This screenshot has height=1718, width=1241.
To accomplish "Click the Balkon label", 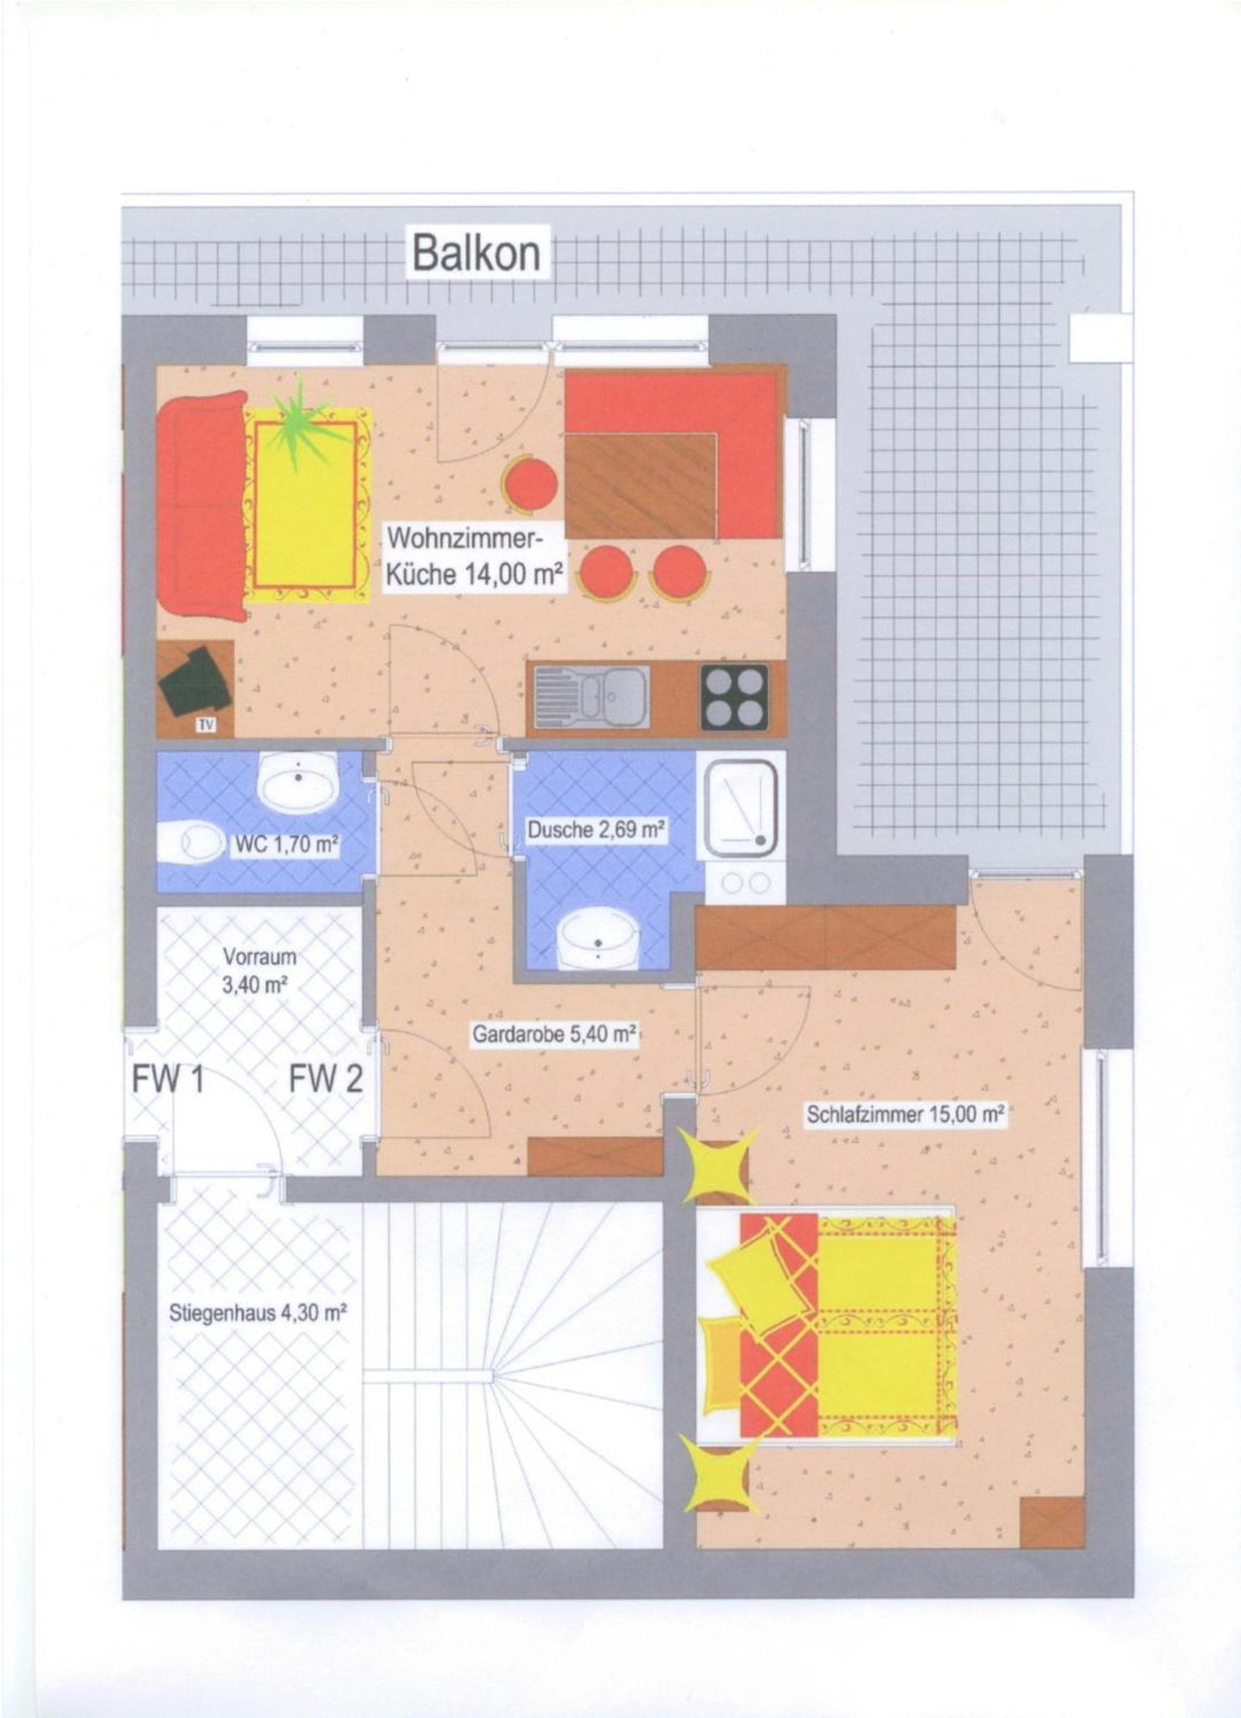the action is [476, 253].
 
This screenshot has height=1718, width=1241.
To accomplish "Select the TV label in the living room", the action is [205, 725].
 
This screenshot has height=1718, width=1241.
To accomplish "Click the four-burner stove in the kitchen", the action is [734, 697].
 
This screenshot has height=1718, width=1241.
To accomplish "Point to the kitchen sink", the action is [591, 698].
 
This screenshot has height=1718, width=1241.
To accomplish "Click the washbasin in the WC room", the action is [299, 779].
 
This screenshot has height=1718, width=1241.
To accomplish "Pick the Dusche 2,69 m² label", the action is [596, 831].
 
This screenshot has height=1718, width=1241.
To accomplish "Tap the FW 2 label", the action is [326, 1079].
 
